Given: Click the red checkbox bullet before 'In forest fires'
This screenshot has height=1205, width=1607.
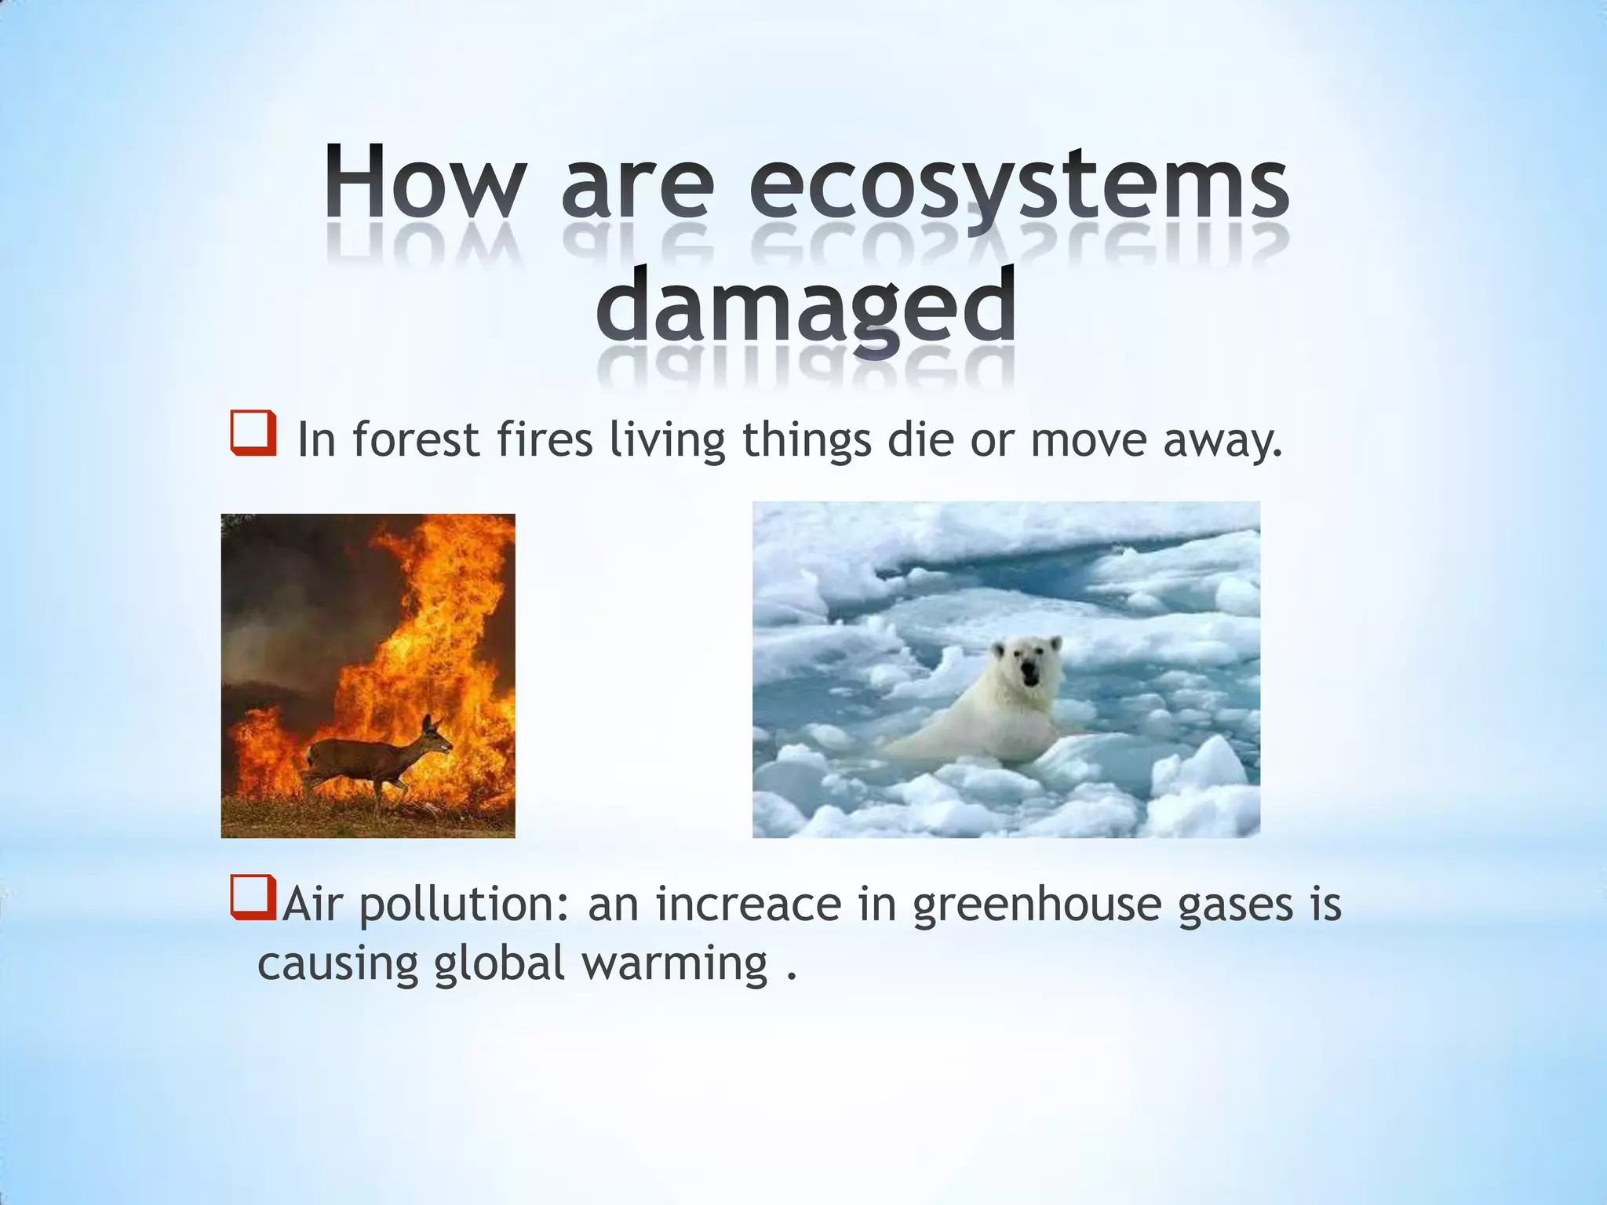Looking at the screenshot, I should point(253,432).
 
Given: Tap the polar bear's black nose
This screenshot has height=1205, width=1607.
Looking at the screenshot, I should point(1028,670).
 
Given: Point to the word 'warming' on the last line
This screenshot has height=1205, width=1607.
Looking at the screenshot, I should point(674,965).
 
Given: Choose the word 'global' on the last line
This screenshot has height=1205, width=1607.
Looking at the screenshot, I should point(499,965).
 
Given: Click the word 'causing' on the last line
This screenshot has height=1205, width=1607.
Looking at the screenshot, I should point(337,965).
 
